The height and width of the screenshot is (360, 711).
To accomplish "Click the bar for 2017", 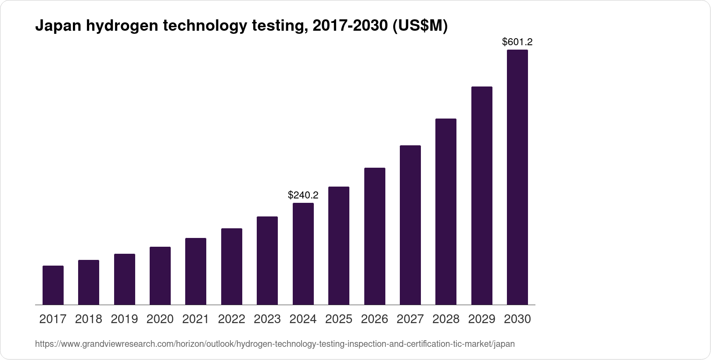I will pyautogui.click(x=53, y=285).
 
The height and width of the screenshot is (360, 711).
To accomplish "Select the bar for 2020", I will pyautogui.click(x=160, y=276).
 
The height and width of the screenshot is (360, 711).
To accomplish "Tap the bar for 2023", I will pyautogui.click(x=267, y=260).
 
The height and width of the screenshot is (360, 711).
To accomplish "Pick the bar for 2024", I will pyautogui.click(x=303, y=254).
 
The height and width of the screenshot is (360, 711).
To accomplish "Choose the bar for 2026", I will pyautogui.click(x=375, y=236).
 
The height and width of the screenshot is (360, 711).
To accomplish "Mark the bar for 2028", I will pyautogui.click(x=446, y=212).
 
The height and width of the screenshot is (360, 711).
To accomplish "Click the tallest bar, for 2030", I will pyautogui.click(x=517, y=177).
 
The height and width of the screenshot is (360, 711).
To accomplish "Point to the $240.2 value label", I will pyautogui.click(x=303, y=195).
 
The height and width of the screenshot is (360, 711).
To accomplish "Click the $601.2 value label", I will pyautogui.click(x=517, y=42).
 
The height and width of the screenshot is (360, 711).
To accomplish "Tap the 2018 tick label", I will pyautogui.click(x=89, y=319).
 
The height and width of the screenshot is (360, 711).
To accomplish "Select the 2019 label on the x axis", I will pyautogui.click(x=124, y=319).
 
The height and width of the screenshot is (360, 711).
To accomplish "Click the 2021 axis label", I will pyautogui.click(x=196, y=319).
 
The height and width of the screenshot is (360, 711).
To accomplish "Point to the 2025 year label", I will pyautogui.click(x=339, y=319).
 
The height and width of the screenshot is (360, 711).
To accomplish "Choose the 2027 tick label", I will pyautogui.click(x=410, y=319).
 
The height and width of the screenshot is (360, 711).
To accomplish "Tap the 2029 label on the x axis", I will pyautogui.click(x=482, y=319).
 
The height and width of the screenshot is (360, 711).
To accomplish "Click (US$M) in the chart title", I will pyautogui.click(x=420, y=26).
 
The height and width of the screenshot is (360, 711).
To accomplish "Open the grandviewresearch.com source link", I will pyautogui.click(x=275, y=344).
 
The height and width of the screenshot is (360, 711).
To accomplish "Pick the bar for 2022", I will pyautogui.click(x=232, y=266).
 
